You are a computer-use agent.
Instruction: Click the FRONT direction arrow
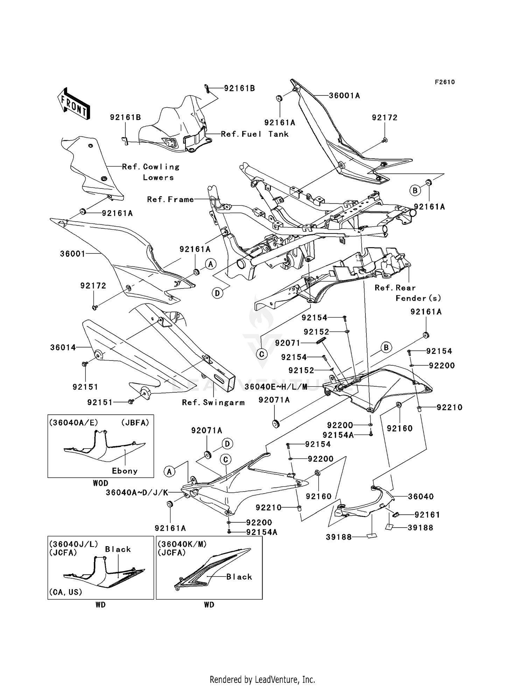pyautogui.click(x=74, y=104)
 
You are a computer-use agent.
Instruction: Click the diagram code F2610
pyautogui.click(x=445, y=82)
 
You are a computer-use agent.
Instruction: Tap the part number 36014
pyautogui.click(x=63, y=347)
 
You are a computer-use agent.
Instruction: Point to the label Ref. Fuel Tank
pyautogui.click(x=254, y=134)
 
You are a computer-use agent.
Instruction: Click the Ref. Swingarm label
pyautogui.click(x=213, y=402)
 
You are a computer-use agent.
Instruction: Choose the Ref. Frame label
pyautogui.click(x=170, y=199)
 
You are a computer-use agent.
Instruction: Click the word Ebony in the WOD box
pyautogui.click(x=125, y=471)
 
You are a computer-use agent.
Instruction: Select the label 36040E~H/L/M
pyautogui.click(x=276, y=386)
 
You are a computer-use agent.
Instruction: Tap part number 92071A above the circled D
pyautogui.click(x=206, y=430)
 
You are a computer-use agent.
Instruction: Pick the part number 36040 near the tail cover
pyautogui.click(x=421, y=496)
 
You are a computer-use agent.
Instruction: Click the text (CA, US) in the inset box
pyautogui.click(x=65, y=592)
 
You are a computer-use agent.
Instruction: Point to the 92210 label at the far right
pyautogui.click(x=449, y=407)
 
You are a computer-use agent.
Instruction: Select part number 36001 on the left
pyautogui.click(x=72, y=254)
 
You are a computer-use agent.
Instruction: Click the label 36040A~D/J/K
pyautogui.click(x=137, y=493)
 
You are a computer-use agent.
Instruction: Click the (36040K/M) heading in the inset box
pyautogui.click(x=182, y=544)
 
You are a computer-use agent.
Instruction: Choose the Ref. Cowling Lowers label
pyautogui.click(x=151, y=172)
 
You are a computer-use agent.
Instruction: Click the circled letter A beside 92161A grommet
pyautogui.click(x=210, y=264)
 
